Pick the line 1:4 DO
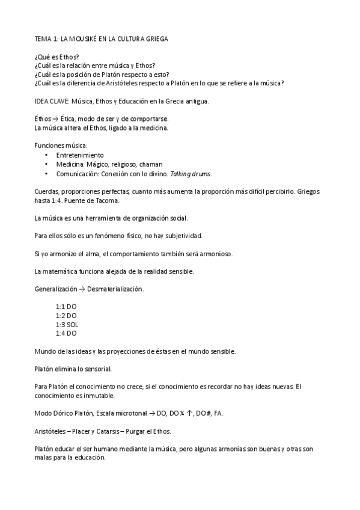(x=66, y=333)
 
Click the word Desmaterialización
(x=115, y=289)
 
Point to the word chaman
(x=151, y=164)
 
